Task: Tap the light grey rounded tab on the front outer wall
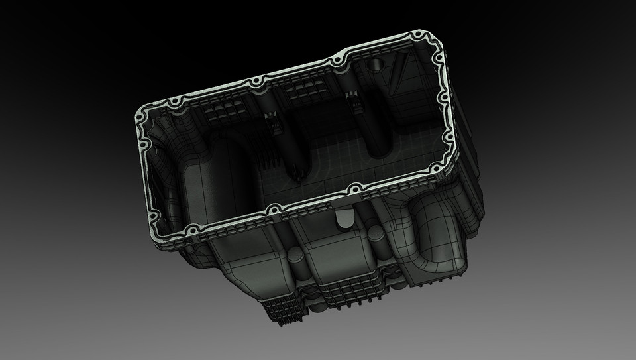[345, 218]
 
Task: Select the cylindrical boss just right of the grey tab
[374, 233]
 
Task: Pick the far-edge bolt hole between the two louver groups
[254, 82]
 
